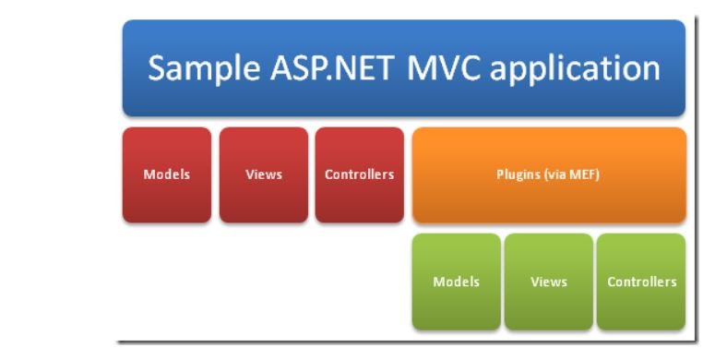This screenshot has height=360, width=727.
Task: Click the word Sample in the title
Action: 201,69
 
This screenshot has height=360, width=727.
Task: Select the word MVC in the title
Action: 447,68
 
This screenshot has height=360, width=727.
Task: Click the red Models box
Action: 167,175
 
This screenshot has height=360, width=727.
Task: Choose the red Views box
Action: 264,175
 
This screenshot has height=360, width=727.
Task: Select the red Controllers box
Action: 360,175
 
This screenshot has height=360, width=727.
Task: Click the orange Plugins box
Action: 548,175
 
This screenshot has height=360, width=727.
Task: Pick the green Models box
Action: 457,282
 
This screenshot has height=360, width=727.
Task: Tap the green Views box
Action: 549,282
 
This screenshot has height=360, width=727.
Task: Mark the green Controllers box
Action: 641,282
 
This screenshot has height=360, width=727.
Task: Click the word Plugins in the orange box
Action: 518,174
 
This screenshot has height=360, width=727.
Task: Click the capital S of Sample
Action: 158,68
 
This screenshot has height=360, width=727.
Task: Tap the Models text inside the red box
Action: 167,174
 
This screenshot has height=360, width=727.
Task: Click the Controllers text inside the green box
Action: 641,282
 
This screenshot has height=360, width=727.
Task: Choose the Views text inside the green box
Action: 549,282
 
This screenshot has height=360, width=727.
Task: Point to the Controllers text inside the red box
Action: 360,174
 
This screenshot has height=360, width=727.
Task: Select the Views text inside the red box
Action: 264,174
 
